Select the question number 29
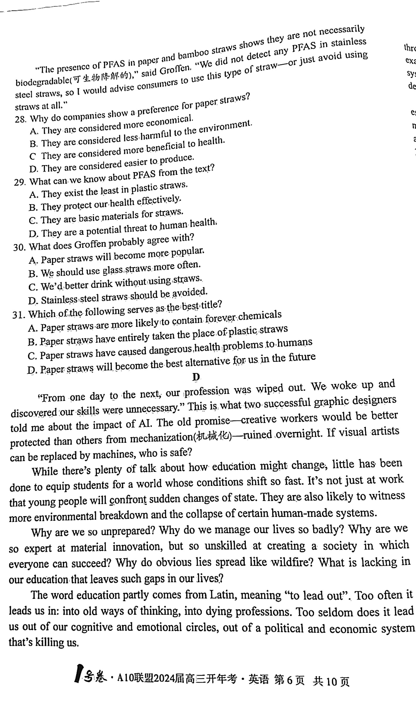(x=20, y=182)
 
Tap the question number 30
(x=19, y=248)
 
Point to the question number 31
(x=18, y=315)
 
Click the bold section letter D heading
(x=196, y=377)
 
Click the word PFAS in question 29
(x=144, y=175)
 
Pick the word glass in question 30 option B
(x=113, y=270)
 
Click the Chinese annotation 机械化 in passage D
(x=213, y=437)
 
